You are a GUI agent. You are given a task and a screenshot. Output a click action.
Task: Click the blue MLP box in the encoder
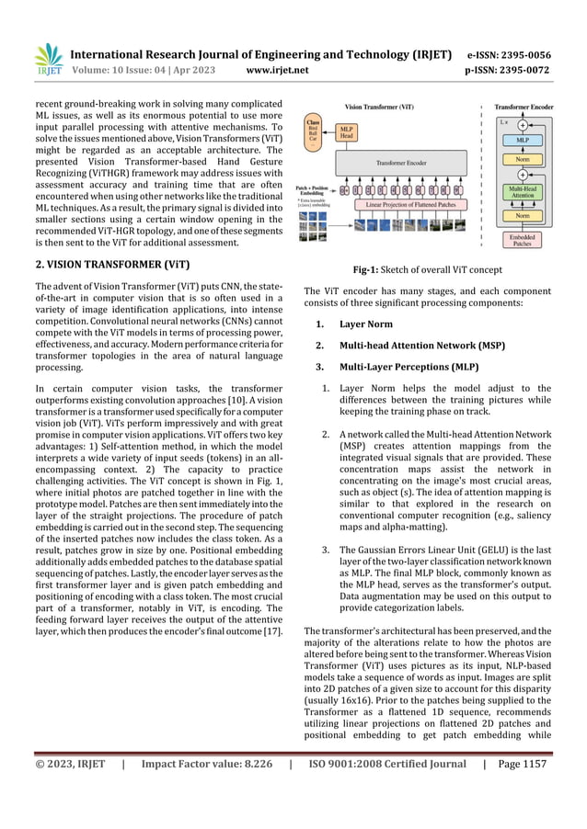coord(521,141)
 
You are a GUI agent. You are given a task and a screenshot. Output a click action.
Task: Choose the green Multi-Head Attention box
coord(521,191)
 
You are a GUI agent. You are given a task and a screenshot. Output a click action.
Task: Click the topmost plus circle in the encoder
coord(522,124)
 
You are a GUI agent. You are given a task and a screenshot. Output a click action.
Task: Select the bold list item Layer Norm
coord(365,324)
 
